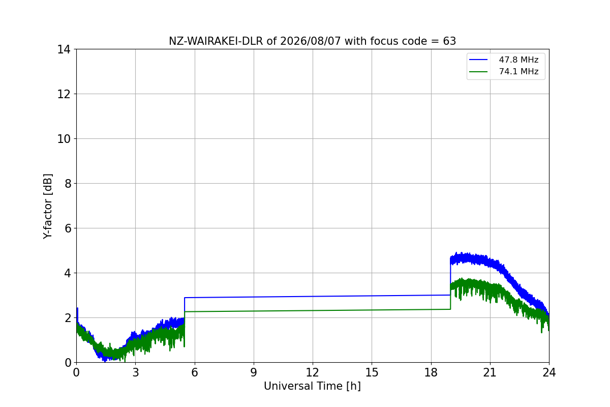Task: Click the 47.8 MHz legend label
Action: click(518, 60)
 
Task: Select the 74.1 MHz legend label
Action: click(518, 71)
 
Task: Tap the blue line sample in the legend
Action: click(478, 60)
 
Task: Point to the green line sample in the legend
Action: click(478, 72)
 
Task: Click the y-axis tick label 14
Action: click(64, 50)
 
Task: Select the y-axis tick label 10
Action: click(64, 139)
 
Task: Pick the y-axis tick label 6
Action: click(68, 228)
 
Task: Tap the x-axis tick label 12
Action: click(312, 372)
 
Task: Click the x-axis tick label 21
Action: click(490, 372)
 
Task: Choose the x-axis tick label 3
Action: click(135, 372)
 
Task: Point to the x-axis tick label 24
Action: click(549, 372)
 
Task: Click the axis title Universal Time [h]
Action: click(312, 386)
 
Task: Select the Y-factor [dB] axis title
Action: click(48, 207)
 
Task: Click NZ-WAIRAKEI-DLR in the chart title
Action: click(216, 41)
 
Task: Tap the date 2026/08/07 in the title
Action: click(311, 41)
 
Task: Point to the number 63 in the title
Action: click(449, 41)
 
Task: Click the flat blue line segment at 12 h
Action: click(312, 296)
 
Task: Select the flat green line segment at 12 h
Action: click(312, 310)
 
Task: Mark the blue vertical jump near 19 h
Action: click(450, 277)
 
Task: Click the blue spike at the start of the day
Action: click(78, 314)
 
